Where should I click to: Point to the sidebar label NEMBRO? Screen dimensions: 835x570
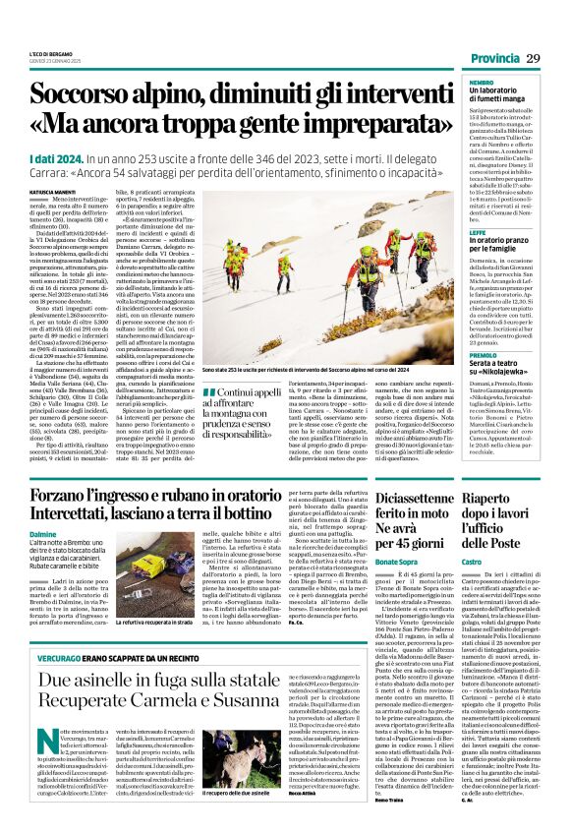point(482,83)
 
